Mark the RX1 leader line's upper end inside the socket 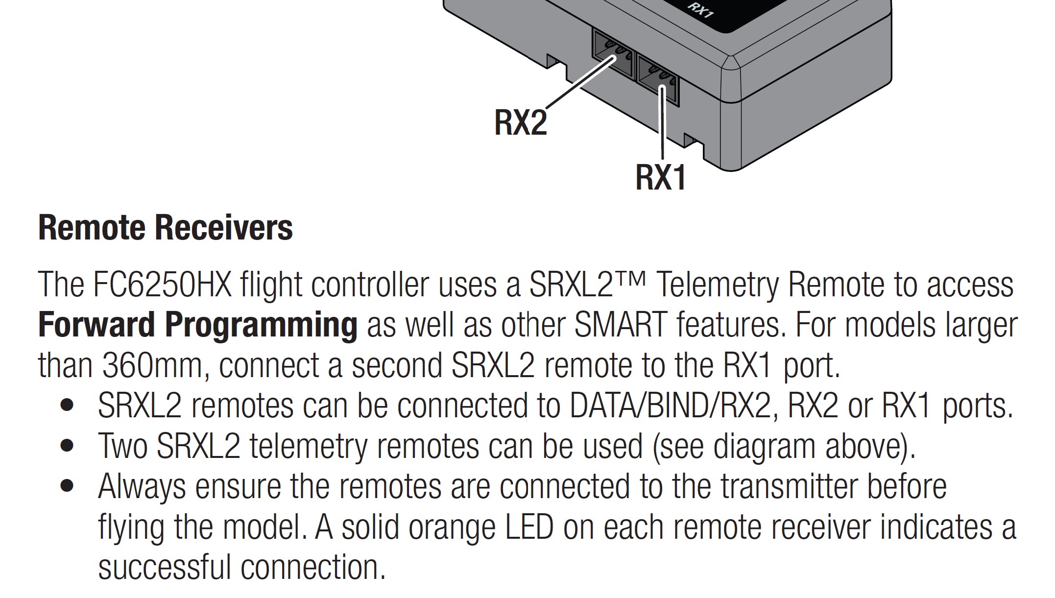coord(662,87)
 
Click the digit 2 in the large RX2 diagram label coord(537,122)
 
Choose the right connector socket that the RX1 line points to coord(658,80)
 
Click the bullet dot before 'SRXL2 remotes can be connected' coord(67,406)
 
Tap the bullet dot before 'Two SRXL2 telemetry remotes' coord(67,446)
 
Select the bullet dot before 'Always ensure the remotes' coord(67,486)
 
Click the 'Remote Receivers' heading coord(166,228)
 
